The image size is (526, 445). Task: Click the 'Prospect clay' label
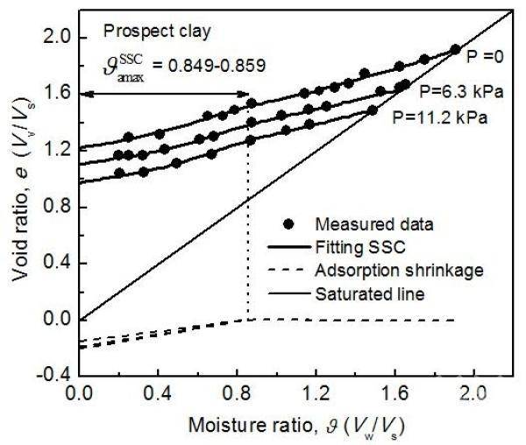(157, 32)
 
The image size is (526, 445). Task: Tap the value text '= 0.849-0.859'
(209, 66)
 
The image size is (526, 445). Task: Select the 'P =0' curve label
(486, 58)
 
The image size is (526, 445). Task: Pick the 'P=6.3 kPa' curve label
(462, 91)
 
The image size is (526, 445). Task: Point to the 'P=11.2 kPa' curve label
(440, 118)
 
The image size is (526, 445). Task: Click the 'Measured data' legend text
(374, 224)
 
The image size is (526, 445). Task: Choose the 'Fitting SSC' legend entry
(337, 248)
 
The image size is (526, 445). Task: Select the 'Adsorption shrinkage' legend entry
(376, 271)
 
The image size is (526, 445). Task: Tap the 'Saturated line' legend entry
(346, 294)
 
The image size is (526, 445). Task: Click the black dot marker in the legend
(288, 224)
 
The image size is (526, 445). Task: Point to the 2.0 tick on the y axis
(58, 38)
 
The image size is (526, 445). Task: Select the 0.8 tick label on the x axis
(237, 394)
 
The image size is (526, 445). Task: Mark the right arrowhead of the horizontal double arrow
(245, 95)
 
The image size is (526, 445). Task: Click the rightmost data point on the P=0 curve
(455, 50)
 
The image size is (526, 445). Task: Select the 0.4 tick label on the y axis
(58, 263)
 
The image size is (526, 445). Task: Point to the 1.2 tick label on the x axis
(316, 394)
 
